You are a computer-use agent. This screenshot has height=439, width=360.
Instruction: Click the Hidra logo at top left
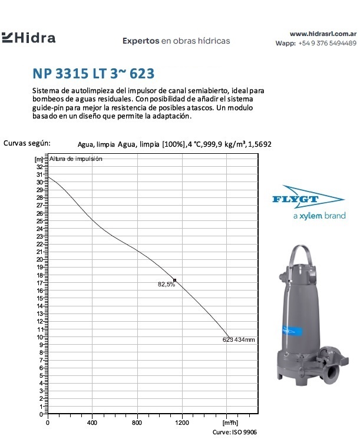click(29, 38)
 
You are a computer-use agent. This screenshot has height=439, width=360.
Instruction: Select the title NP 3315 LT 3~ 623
click(94, 74)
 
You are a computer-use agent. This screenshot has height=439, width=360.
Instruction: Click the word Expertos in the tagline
click(141, 41)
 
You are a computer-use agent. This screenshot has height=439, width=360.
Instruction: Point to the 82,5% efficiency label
click(166, 285)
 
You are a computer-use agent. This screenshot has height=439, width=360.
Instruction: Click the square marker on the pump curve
click(174, 280)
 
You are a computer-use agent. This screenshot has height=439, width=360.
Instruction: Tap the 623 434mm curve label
click(239, 340)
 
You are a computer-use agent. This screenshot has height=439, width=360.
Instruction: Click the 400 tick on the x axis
click(93, 423)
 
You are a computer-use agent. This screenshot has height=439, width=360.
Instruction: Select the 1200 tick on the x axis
click(182, 423)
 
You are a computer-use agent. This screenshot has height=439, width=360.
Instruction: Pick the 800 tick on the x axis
click(137, 423)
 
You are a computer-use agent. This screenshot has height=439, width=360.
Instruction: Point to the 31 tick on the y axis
click(40, 175)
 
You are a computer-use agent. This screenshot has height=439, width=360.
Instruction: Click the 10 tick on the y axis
click(40, 337)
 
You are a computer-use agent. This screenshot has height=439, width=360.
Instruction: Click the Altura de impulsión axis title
click(76, 159)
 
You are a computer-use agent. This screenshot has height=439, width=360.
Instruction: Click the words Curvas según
click(27, 143)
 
